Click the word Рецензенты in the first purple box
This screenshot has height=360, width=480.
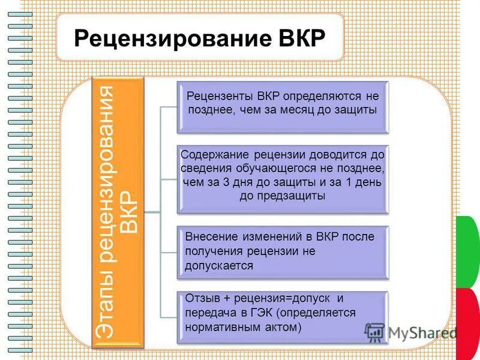[x=220, y=95]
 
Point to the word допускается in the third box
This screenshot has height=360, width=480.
[x=219, y=265]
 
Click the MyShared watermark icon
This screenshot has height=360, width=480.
[x=374, y=332]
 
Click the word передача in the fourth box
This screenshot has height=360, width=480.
[x=211, y=313]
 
